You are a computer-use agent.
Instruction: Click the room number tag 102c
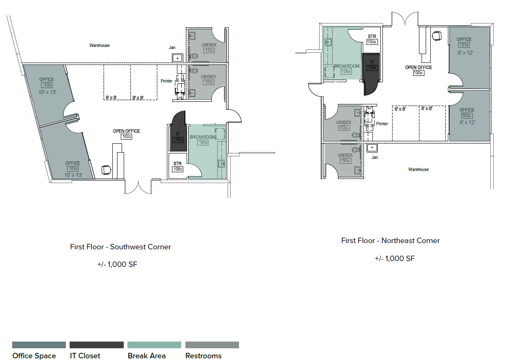(x=47, y=85)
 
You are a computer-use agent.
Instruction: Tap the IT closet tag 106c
(x=178, y=140)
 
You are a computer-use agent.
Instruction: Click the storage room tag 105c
(x=177, y=169)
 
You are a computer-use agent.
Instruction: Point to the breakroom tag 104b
(x=203, y=142)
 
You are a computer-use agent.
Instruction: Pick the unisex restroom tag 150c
(x=209, y=50)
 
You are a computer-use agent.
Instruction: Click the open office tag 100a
(x=418, y=73)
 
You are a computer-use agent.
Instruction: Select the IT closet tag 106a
(x=371, y=67)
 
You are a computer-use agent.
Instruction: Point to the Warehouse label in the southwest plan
(x=99, y=45)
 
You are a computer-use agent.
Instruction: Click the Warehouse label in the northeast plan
(x=418, y=169)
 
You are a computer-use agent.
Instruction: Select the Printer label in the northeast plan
(x=382, y=124)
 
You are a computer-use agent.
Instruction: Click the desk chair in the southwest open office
(x=107, y=170)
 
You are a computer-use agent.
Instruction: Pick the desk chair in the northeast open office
(x=437, y=36)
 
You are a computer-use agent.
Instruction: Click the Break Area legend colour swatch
(x=154, y=345)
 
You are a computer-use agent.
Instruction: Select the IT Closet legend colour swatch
(x=96, y=345)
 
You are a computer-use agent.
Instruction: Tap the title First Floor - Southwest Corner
(x=120, y=247)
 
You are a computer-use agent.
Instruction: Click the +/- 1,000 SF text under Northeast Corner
(x=394, y=259)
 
